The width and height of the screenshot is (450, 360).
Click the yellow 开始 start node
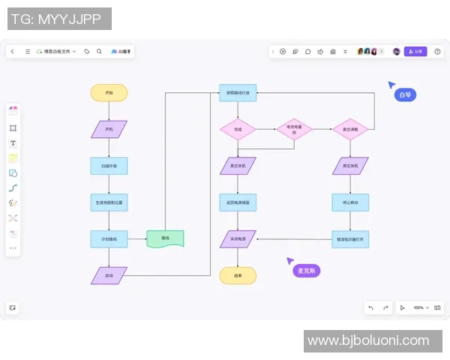[x=109, y=93]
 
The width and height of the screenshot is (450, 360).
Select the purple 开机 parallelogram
[x=109, y=129]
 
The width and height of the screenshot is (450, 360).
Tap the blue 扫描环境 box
[x=109, y=165]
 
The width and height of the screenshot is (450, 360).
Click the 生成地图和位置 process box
[x=109, y=202]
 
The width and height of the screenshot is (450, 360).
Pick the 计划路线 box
[x=109, y=238]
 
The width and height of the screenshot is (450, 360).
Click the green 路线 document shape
[x=165, y=238]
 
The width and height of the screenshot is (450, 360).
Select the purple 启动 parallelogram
[x=109, y=275]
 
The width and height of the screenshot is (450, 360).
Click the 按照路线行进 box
[x=238, y=93]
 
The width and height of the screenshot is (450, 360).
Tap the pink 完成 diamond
[x=238, y=129]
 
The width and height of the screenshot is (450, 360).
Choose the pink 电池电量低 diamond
[x=294, y=129]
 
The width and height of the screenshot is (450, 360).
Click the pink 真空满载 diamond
[x=350, y=129]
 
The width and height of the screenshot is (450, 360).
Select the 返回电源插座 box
[x=238, y=202]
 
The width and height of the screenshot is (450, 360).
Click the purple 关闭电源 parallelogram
[x=238, y=238]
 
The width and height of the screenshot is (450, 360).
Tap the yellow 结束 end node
[x=238, y=275]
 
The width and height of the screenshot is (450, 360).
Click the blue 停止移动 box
[x=350, y=202]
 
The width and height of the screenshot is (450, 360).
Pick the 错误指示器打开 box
[x=350, y=238]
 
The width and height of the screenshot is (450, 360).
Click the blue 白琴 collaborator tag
[x=405, y=95]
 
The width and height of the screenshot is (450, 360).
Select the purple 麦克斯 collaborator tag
[x=306, y=270]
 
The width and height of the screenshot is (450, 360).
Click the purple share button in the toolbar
[x=415, y=52]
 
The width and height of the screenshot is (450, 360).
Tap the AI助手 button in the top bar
[x=121, y=52]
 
